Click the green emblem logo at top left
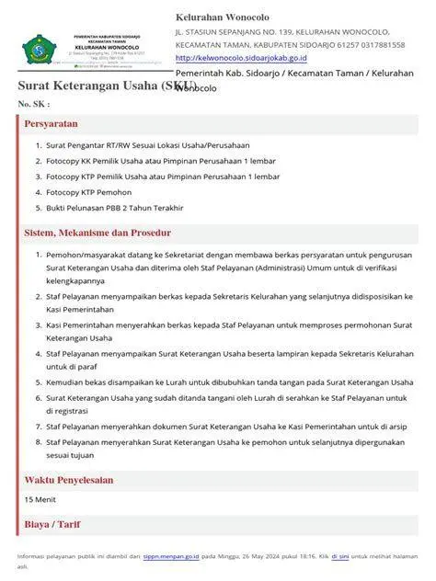tap(40, 46)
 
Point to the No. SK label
tap(33, 104)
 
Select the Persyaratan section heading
tap(51, 123)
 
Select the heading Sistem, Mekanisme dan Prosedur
tap(98, 234)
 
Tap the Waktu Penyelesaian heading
tap(69, 480)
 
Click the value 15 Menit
tap(40, 499)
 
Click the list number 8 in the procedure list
tap(37, 442)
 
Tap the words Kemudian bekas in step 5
tap(77, 382)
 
